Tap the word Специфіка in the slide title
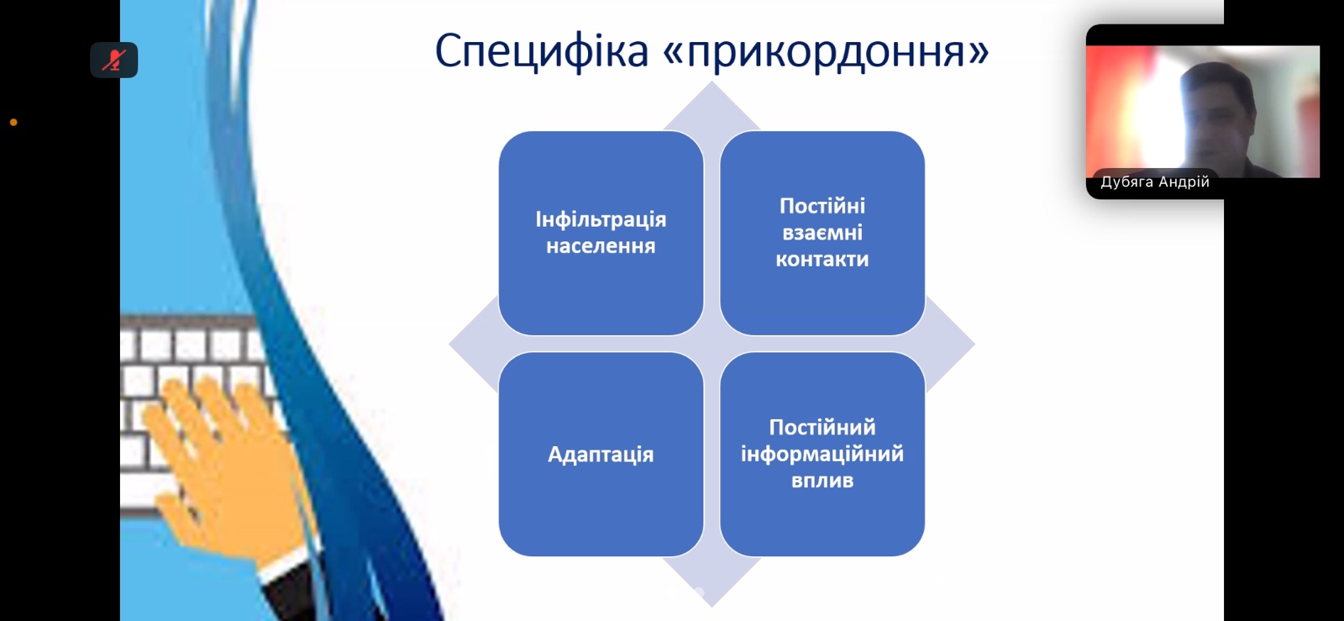(542, 52)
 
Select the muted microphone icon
(114, 60)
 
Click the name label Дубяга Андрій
(1155, 182)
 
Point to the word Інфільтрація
(601, 219)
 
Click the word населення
(601, 246)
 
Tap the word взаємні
(822, 233)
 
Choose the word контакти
(822, 259)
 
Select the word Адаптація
(601, 455)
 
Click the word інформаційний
(822, 455)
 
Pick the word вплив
(822, 481)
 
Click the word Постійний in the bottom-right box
(822, 428)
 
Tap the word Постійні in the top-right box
(822, 207)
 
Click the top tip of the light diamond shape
(711, 82)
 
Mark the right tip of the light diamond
(974, 345)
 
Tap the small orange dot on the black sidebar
(13, 123)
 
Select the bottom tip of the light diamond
(711, 606)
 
